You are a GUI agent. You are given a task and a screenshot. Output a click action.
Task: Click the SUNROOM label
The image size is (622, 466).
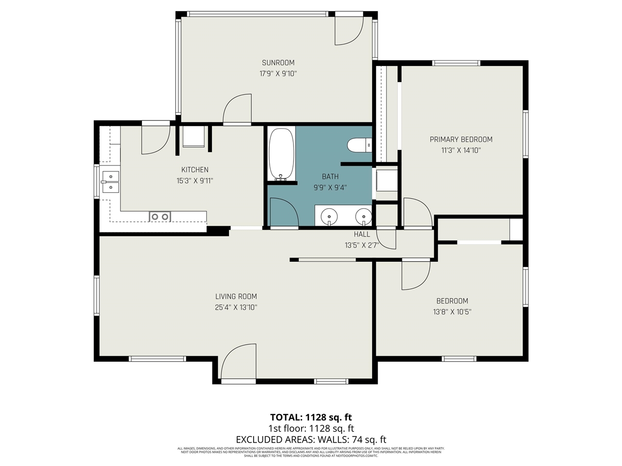point(278,63)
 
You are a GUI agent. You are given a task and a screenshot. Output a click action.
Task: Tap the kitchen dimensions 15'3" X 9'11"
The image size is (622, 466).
point(195,181)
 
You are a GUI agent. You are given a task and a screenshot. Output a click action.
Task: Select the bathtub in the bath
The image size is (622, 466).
point(281,154)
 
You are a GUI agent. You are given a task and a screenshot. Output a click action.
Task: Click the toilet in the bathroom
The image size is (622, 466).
point(359,145)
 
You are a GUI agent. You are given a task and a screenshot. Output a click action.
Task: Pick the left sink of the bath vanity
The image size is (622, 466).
point(330,215)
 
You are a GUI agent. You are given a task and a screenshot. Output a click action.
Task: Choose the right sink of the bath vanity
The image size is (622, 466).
point(363,215)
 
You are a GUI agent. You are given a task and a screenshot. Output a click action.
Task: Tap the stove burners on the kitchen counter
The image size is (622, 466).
point(160,216)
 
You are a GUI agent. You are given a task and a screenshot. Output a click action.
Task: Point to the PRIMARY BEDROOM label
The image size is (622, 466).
point(461,139)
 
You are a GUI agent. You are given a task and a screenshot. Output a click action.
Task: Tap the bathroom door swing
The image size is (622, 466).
point(283,213)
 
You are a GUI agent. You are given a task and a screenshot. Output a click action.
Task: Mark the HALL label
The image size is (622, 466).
point(362,234)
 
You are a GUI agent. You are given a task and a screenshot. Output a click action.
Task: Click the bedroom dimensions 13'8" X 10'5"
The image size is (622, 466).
point(452,312)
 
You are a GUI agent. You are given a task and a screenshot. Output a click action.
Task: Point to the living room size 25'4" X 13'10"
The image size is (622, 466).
point(236,307)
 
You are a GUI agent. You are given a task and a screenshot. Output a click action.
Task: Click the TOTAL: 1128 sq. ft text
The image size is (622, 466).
point(311,417)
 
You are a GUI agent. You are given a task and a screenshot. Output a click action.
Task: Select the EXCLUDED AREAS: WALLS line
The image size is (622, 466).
point(311,440)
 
